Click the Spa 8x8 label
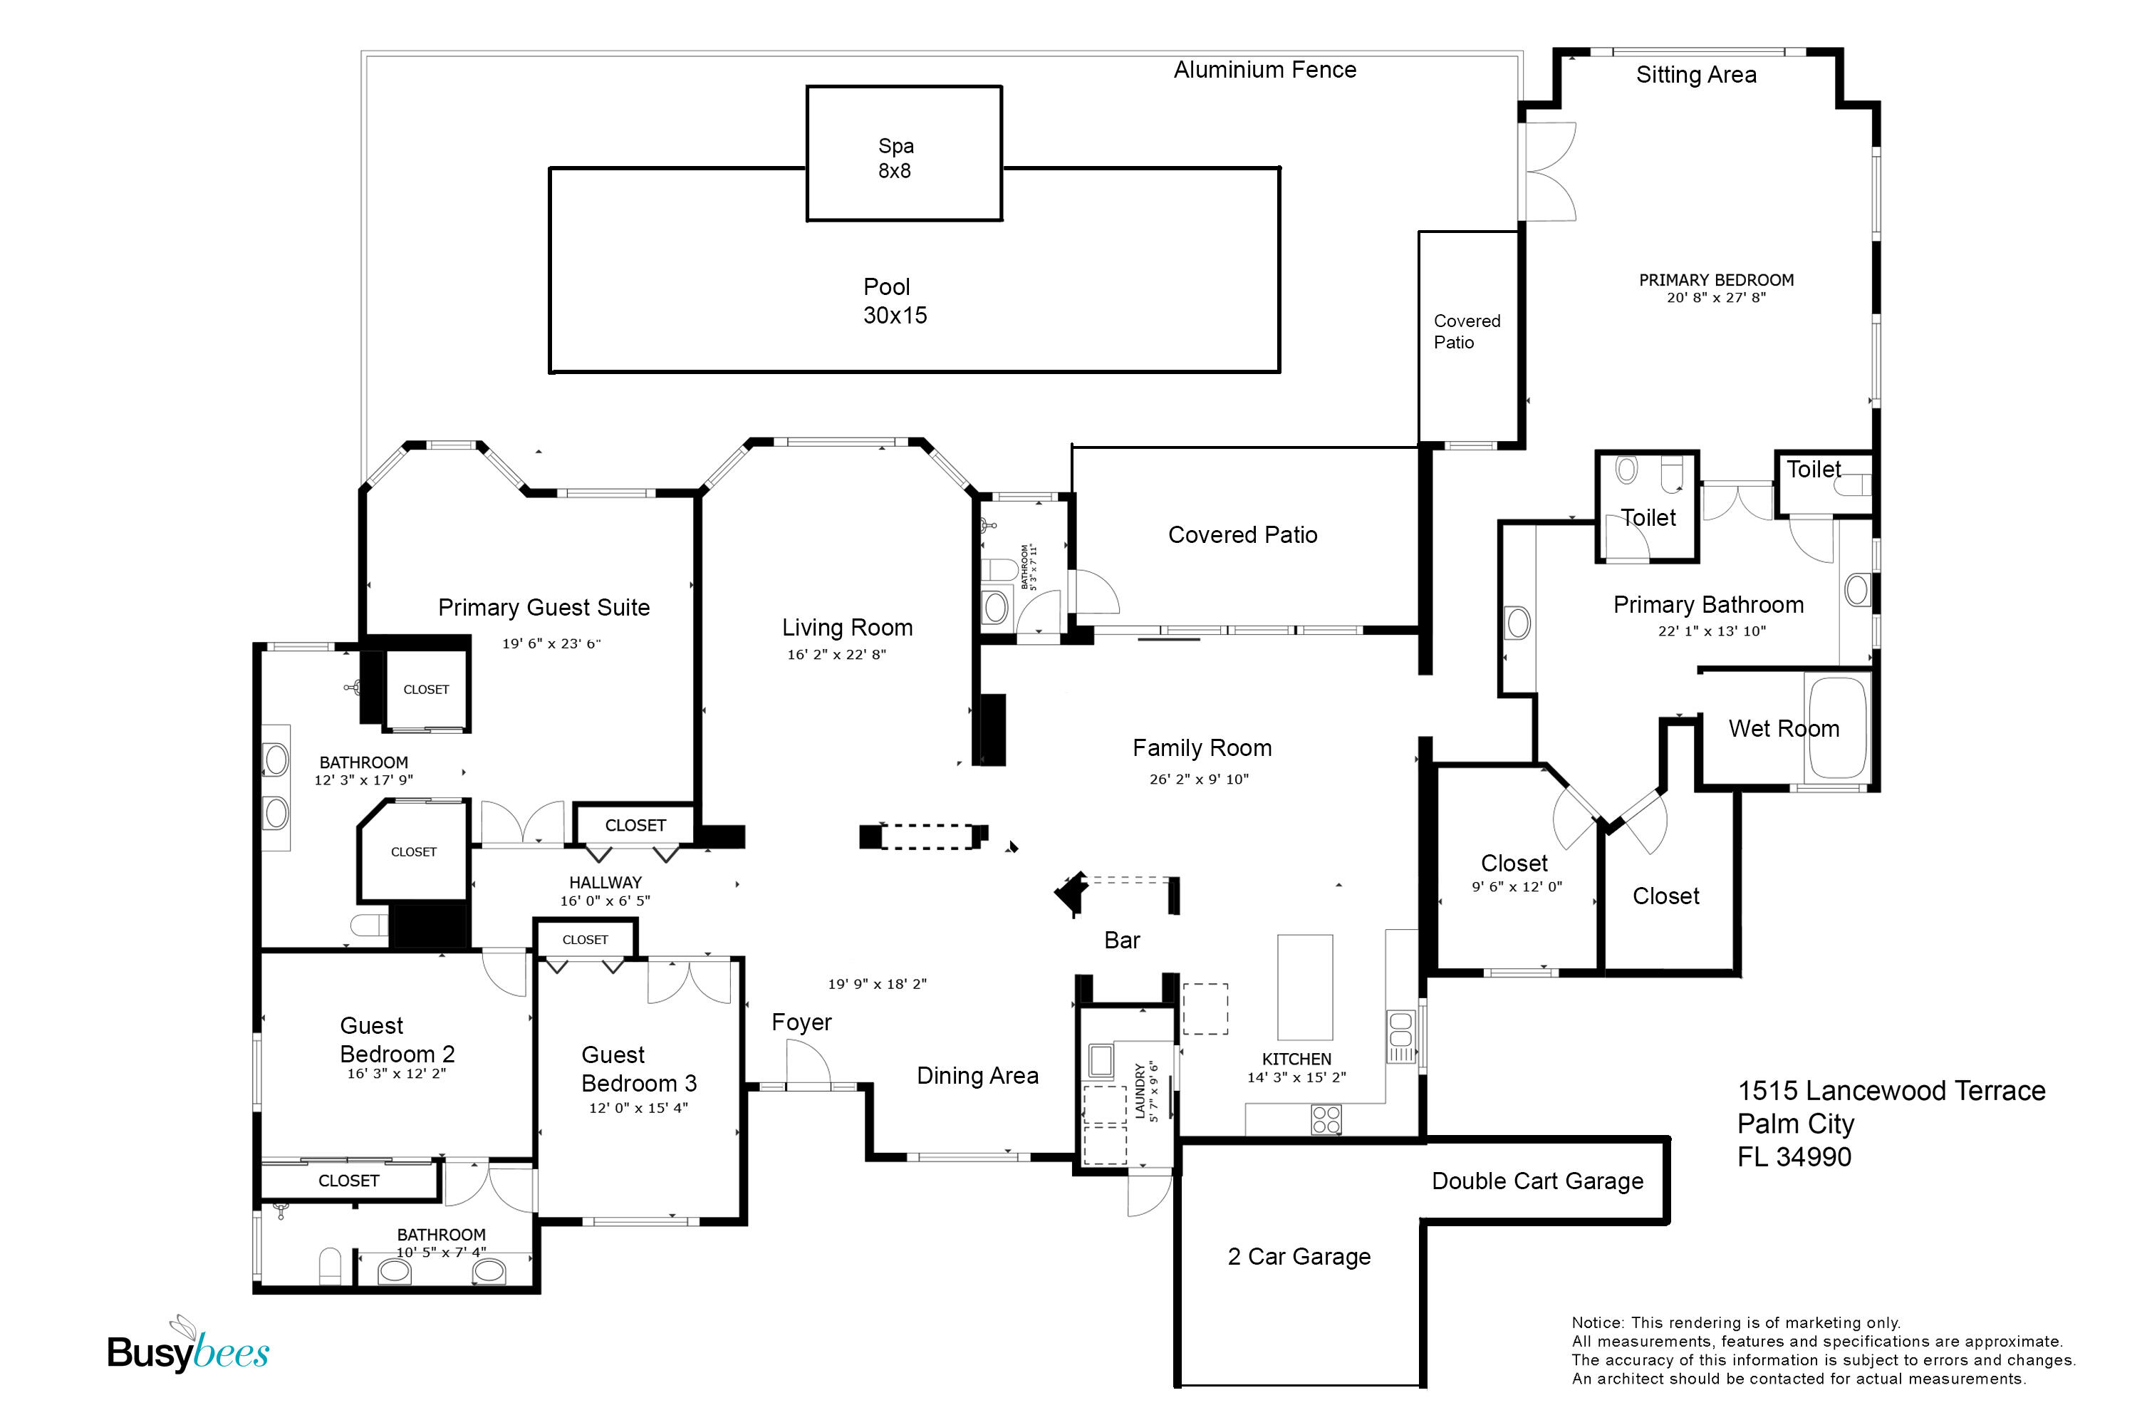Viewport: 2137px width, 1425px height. click(895, 158)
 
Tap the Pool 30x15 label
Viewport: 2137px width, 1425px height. click(894, 301)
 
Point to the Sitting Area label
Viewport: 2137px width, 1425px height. click(1695, 75)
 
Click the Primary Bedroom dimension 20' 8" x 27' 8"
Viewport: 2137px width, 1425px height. click(1715, 297)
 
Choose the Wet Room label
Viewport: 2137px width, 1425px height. click(1783, 728)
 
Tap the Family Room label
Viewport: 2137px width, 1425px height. click(1201, 748)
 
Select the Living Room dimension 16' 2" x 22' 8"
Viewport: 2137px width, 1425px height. click(836, 654)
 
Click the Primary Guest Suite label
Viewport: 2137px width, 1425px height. click(544, 607)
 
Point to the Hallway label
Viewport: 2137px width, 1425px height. click(605, 883)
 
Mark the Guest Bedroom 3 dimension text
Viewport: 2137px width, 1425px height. click(638, 1108)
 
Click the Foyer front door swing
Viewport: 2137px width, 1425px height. click(807, 1064)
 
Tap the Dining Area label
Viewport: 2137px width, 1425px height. click(977, 1076)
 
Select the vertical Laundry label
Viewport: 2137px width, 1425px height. click(1140, 1092)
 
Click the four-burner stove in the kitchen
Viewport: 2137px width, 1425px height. click(1326, 1119)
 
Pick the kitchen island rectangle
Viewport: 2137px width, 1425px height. click(1305, 987)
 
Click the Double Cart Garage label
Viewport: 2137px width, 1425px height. click(1537, 1181)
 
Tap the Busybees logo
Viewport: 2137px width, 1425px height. click(188, 1349)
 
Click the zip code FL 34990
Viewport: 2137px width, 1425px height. click(1794, 1157)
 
